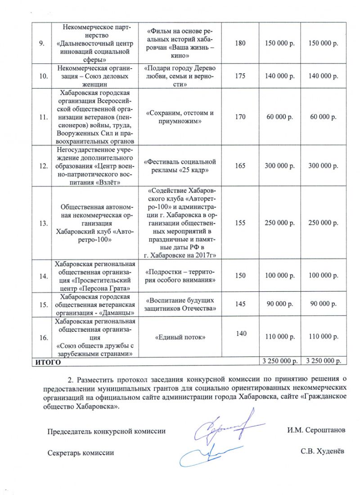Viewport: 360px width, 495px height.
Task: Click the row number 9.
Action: [43, 43]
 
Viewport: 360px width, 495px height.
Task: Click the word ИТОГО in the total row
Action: [45, 361]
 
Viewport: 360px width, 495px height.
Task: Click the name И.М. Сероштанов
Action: [316, 431]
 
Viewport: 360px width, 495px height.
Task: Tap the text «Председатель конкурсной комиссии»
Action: [106, 431]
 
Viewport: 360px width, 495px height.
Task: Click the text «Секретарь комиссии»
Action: [81, 452]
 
